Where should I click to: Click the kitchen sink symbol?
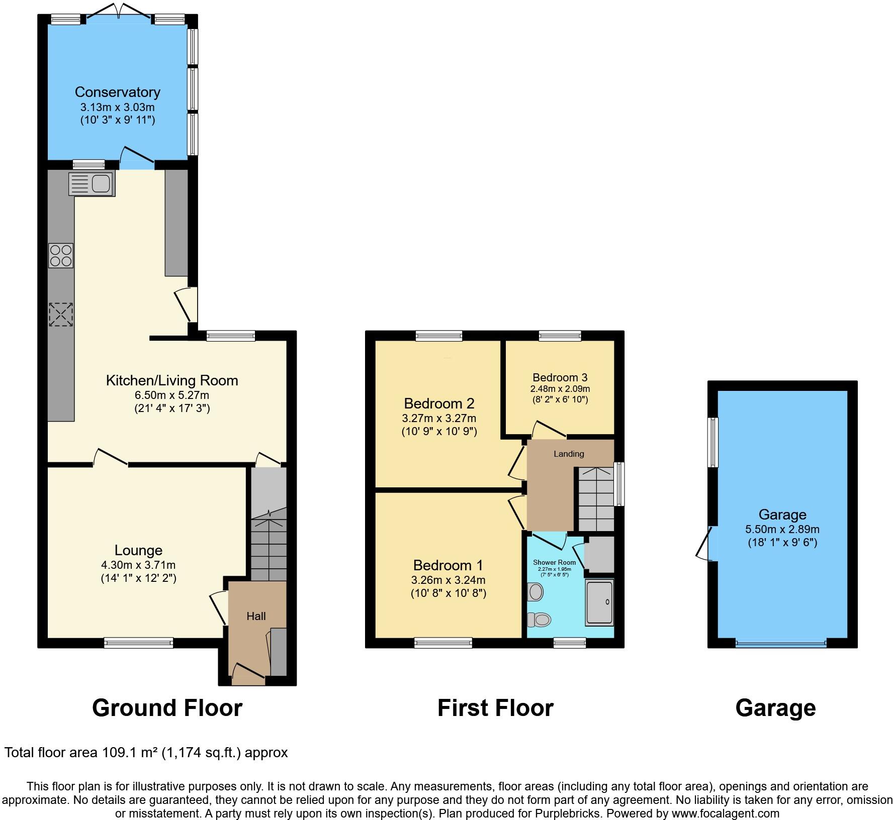tap(92, 183)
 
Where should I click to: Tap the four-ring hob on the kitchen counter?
tap(61, 255)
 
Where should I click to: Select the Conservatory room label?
tap(117, 92)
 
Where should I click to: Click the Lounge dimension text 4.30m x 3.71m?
tap(138, 565)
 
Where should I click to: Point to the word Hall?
tap(256, 616)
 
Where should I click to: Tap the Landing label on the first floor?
tap(569, 454)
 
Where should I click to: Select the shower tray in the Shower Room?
tap(599, 602)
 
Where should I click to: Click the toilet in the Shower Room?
tap(540, 620)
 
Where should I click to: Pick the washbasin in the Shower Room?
tap(535, 592)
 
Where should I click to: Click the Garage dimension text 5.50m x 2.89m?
tap(782, 529)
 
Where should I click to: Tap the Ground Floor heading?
tap(167, 707)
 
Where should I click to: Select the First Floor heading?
tap(495, 707)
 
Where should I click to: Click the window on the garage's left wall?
tap(712, 442)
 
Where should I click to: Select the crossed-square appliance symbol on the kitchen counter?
tap(61, 315)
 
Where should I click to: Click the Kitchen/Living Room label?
tap(172, 380)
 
